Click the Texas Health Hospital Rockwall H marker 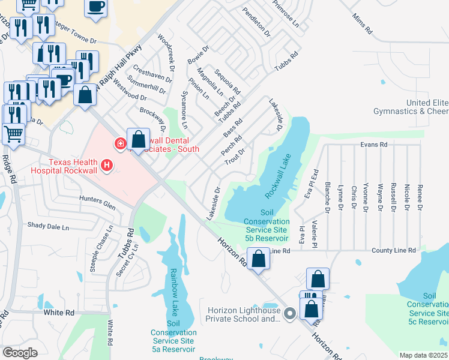pyautogui.click(x=107, y=164)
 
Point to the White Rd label pyautogui.click(x=59, y=313)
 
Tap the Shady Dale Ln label pyautogui.click(x=48, y=226)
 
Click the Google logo pyautogui.click(x=20, y=352)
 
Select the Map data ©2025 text pyautogui.click(x=423, y=355)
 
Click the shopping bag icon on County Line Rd pyautogui.click(x=259, y=260)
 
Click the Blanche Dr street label pyautogui.click(x=327, y=197)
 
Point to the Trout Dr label pyautogui.click(x=235, y=158)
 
